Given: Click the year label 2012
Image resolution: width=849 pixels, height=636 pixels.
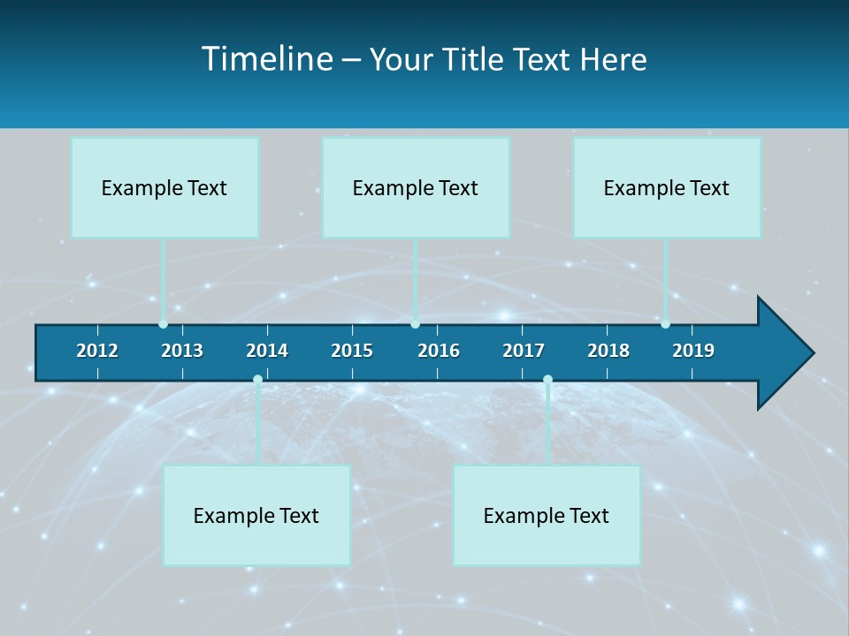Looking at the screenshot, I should [x=97, y=351].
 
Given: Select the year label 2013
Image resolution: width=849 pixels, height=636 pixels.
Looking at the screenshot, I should [x=182, y=351].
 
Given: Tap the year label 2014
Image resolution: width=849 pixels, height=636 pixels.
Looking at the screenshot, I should [x=267, y=351].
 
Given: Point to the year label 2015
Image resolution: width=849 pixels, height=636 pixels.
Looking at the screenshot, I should [x=352, y=351].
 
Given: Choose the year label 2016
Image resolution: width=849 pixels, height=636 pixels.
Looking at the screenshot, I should [x=439, y=351].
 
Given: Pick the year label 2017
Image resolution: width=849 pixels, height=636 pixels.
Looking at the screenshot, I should [x=524, y=351].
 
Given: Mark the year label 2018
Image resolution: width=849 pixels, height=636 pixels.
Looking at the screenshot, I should [x=608, y=351].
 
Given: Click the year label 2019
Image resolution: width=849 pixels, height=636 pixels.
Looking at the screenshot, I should [x=693, y=351].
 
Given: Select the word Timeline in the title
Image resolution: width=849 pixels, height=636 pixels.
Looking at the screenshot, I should [x=266, y=59].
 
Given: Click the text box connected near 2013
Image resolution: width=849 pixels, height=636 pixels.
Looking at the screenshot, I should [x=164, y=187].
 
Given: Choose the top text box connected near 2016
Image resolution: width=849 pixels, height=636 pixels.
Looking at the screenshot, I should [x=416, y=187].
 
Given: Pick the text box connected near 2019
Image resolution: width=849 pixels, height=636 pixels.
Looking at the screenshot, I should [x=667, y=187].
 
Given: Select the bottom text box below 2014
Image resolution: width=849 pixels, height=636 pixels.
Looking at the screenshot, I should [x=256, y=515].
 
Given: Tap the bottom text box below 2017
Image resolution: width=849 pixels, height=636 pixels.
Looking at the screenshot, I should [x=547, y=515].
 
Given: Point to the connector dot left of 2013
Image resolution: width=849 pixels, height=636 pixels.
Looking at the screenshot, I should [x=163, y=324].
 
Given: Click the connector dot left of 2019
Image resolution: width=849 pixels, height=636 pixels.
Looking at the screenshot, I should [x=665, y=324].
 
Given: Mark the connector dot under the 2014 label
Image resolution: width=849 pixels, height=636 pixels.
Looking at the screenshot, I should [x=257, y=379].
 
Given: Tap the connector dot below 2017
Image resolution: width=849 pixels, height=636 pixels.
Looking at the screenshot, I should [x=547, y=379].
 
